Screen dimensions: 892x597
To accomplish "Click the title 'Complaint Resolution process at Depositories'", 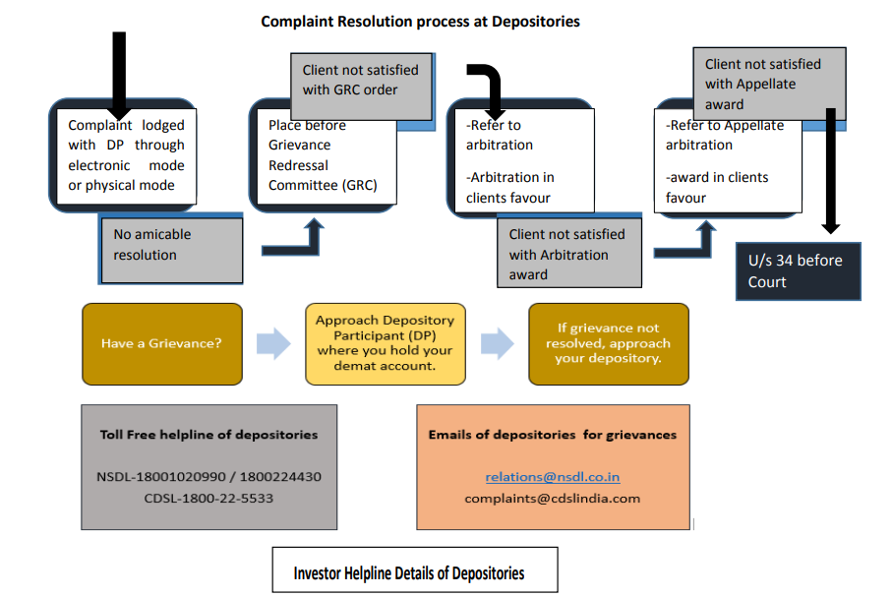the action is click(420, 22).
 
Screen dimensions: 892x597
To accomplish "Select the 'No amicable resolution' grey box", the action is click(172, 251).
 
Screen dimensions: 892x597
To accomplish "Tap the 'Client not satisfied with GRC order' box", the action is click(361, 87).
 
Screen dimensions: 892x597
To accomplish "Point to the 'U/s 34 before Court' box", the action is click(799, 271).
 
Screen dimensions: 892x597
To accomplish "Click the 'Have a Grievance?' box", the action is click(162, 344).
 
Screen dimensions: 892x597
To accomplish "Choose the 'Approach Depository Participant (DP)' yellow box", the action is click(386, 344).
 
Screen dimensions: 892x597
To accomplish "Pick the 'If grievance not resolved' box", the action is click(609, 344).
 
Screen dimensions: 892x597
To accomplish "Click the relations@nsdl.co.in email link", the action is click(553, 477).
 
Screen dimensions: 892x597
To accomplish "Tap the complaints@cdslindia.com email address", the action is click(553, 499).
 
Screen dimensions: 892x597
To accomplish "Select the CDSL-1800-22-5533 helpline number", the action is click(208, 499).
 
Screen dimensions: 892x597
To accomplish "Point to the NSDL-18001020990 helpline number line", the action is click(208, 477).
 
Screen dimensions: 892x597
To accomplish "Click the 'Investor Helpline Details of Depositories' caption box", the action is click(415, 570).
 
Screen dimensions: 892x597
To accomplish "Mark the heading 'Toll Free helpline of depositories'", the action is click(208, 435).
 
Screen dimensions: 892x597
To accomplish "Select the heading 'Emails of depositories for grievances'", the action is click(553, 435).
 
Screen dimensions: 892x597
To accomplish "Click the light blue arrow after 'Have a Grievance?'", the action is click(273, 344).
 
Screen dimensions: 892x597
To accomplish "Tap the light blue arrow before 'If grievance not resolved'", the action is click(498, 344).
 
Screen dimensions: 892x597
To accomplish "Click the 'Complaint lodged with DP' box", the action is click(126, 156).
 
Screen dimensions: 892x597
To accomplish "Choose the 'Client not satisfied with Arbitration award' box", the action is click(569, 253).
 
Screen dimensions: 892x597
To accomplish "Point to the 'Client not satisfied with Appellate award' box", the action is click(769, 84).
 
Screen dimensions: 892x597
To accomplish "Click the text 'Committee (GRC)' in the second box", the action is click(323, 186).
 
